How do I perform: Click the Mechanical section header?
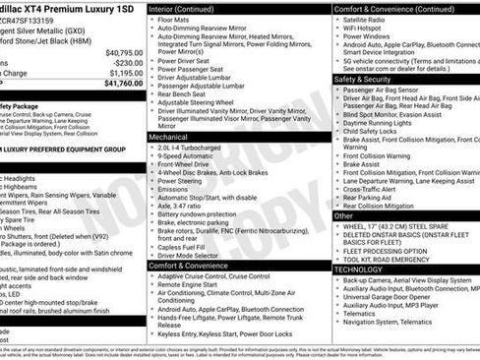tap(169, 138)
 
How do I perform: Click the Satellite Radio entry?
tap(367, 19)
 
